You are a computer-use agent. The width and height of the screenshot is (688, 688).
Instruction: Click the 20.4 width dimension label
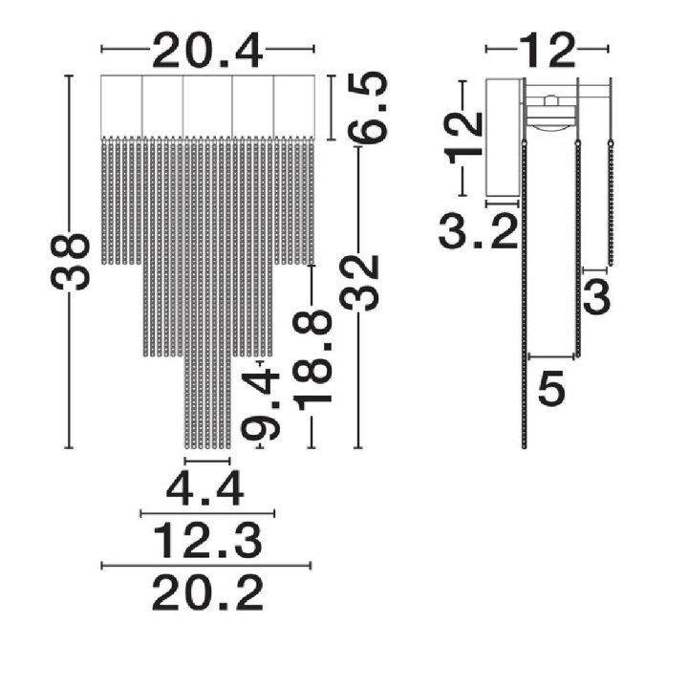[x=207, y=50]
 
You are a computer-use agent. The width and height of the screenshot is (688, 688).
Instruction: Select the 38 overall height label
[x=70, y=262]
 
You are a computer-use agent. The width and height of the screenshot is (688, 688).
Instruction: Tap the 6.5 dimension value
[x=367, y=108]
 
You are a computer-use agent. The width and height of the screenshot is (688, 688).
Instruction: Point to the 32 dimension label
[x=359, y=283]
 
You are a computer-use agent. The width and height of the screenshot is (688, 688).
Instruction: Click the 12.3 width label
[x=207, y=541]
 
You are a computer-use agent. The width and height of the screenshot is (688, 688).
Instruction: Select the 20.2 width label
[x=207, y=593]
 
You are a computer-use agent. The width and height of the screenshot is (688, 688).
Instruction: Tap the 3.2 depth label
[x=479, y=231]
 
